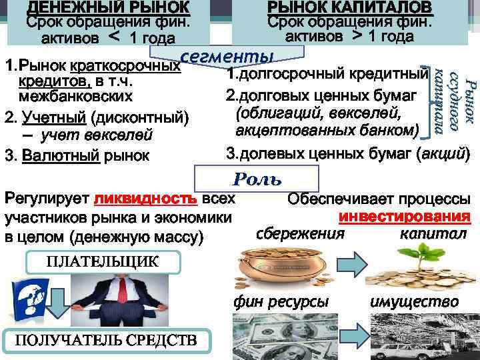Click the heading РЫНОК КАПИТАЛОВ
349,8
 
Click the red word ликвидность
145,199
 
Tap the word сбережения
301,233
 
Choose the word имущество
413,302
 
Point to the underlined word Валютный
61,157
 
